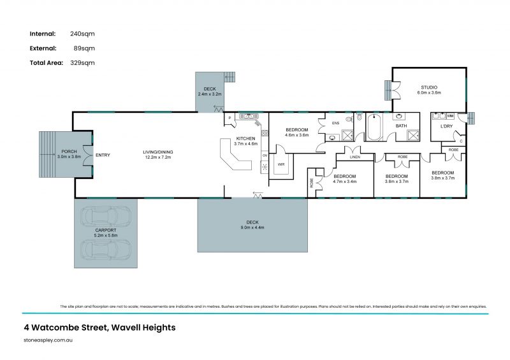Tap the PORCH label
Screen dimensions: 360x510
pos(68,151)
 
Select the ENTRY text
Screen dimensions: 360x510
pos(103,155)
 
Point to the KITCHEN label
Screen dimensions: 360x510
pos(246,138)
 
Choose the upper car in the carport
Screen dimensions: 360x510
pos(106,218)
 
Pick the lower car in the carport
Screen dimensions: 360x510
pos(106,249)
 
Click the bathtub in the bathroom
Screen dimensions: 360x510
pos(374,128)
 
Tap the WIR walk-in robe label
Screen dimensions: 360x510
pos(280,164)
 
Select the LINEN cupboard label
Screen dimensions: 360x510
pos(355,157)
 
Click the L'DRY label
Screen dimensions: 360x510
pos(446,126)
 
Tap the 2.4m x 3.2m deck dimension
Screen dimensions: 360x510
pos(209,95)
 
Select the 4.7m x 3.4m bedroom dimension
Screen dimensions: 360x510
pos(345,182)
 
